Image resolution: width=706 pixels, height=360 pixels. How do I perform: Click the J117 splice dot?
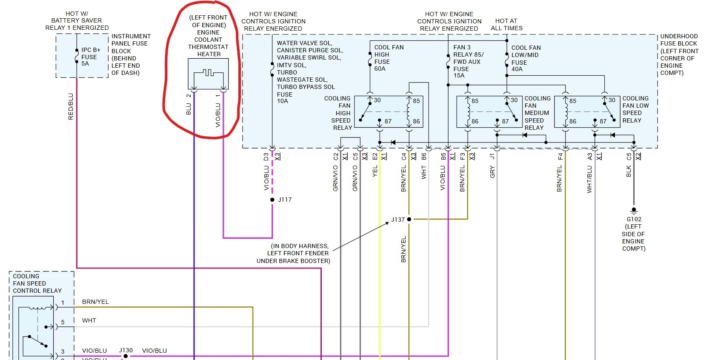click(x=272, y=200)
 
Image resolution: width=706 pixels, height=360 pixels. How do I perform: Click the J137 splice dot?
click(x=409, y=219)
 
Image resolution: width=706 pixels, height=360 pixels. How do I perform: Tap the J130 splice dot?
click(x=126, y=356)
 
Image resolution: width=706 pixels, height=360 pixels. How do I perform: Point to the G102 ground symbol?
click(x=634, y=210)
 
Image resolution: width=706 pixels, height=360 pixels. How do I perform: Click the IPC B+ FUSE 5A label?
click(x=90, y=57)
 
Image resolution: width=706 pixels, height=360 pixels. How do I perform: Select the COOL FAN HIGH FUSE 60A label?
click(x=388, y=58)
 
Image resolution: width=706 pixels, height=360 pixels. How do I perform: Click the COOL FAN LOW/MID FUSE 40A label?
click(x=526, y=58)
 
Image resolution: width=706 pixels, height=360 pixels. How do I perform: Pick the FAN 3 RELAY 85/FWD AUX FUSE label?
click(x=468, y=61)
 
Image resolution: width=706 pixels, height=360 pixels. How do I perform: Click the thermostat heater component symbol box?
click(x=208, y=74)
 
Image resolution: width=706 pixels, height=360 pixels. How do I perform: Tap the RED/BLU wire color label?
click(x=71, y=106)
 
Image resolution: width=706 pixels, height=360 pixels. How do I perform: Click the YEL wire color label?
click(x=375, y=171)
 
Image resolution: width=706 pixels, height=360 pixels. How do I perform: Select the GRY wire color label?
click(x=492, y=172)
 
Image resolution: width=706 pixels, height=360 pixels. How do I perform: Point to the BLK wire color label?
click(x=629, y=171)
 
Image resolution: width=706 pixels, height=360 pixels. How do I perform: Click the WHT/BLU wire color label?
click(x=589, y=179)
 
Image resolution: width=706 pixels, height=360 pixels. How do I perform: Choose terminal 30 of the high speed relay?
click(x=377, y=100)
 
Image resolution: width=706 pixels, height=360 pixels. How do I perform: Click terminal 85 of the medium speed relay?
click(x=474, y=101)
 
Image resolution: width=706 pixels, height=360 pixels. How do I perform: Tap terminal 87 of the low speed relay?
click(x=603, y=121)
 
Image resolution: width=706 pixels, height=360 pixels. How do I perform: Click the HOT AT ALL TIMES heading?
click(x=506, y=24)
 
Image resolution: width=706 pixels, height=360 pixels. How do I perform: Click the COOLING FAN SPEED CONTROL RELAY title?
click(x=37, y=283)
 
